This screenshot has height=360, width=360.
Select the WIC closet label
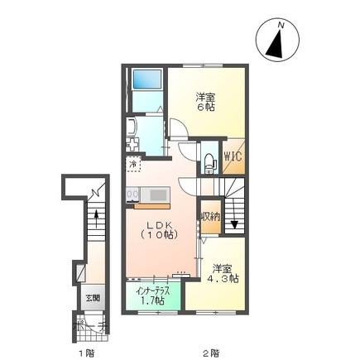click(x=233, y=156)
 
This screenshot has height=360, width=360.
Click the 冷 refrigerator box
click(x=133, y=166)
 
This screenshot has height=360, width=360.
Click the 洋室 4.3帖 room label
click(x=223, y=274)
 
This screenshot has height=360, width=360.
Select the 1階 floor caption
click(x=84, y=352)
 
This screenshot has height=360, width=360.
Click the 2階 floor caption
click(x=211, y=352)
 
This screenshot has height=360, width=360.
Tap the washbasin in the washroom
click(x=132, y=128)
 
